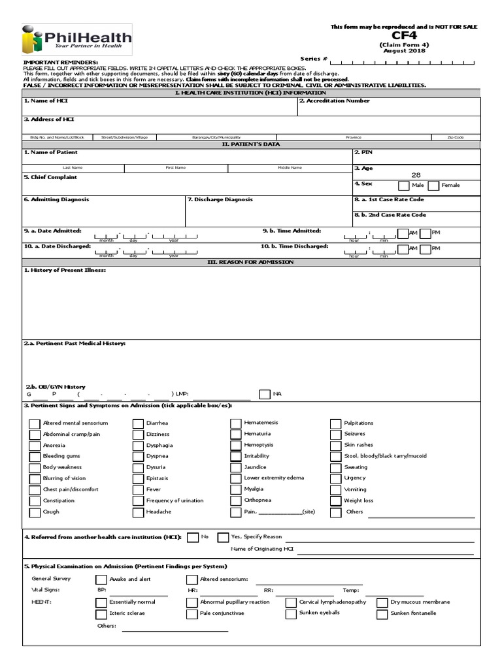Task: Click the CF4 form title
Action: click(404, 37)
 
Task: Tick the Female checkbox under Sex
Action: click(433, 186)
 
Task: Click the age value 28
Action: click(416, 175)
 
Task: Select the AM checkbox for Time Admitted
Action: click(402, 233)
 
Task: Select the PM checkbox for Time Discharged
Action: click(425, 249)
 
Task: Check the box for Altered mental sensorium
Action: click(35, 423)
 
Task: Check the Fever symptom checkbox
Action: click(138, 490)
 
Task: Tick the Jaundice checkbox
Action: click(235, 468)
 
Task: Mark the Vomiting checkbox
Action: click(335, 490)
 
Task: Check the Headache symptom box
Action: click(138, 512)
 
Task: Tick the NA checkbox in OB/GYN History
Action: click(264, 394)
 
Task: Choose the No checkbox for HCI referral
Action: click(193, 537)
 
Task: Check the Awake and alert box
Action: click(101, 579)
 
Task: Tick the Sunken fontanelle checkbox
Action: click(382, 614)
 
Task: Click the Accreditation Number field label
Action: click(334, 101)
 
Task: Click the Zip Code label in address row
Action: click(456, 137)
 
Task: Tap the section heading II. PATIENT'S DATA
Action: click(251, 144)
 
